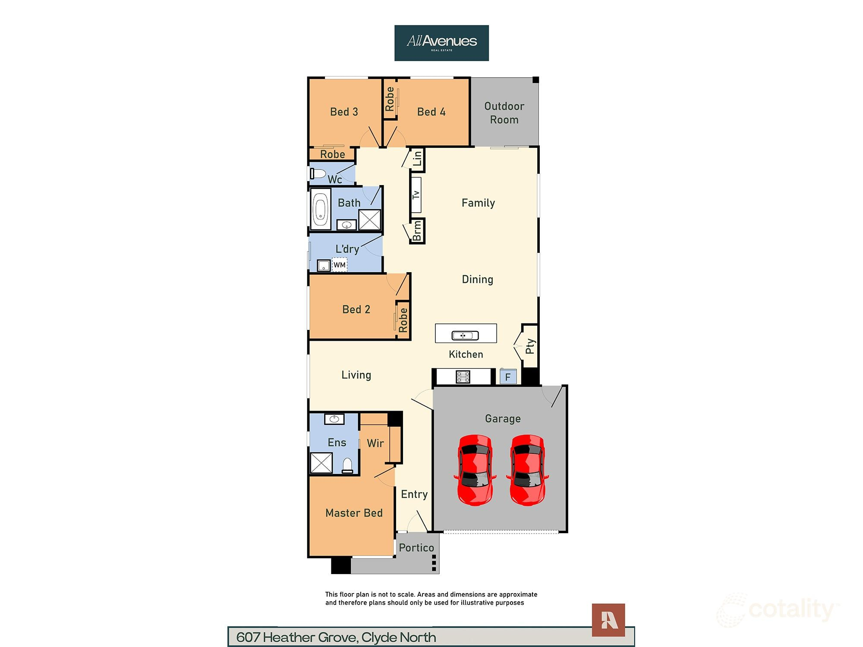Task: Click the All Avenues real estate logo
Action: tap(441, 43)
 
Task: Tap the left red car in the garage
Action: tap(475, 470)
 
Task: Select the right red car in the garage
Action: tap(527, 470)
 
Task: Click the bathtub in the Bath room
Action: tap(320, 209)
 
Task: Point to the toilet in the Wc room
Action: tap(318, 174)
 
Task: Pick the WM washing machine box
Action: tap(340, 264)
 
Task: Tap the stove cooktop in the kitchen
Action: tap(463, 377)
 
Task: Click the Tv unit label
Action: tap(416, 195)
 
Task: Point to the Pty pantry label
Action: tap(530, 346)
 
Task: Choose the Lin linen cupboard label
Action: tap(417, 159)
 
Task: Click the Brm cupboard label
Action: tap(417, 231)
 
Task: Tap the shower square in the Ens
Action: tap(321, 463)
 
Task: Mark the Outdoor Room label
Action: tap(504, 113)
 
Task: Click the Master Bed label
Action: tap(354, 513)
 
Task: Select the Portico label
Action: tap(416, 548)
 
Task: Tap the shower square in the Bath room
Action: tap(370, 220)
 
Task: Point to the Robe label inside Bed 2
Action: tap(403, 320)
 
